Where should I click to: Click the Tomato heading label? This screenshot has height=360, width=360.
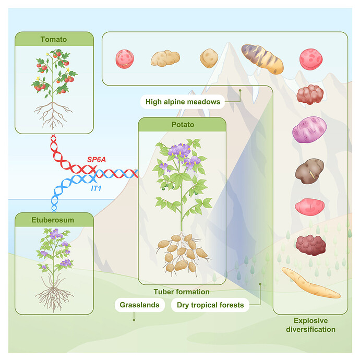54,39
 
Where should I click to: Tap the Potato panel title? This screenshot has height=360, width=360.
182,125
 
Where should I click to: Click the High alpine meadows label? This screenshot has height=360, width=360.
183,102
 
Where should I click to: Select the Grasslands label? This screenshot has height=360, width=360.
140,305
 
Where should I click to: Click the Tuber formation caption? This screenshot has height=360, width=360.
182,292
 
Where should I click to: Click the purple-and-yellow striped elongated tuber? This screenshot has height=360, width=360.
262,58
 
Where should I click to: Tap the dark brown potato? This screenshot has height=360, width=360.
310,170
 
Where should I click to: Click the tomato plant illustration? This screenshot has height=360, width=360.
54,83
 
